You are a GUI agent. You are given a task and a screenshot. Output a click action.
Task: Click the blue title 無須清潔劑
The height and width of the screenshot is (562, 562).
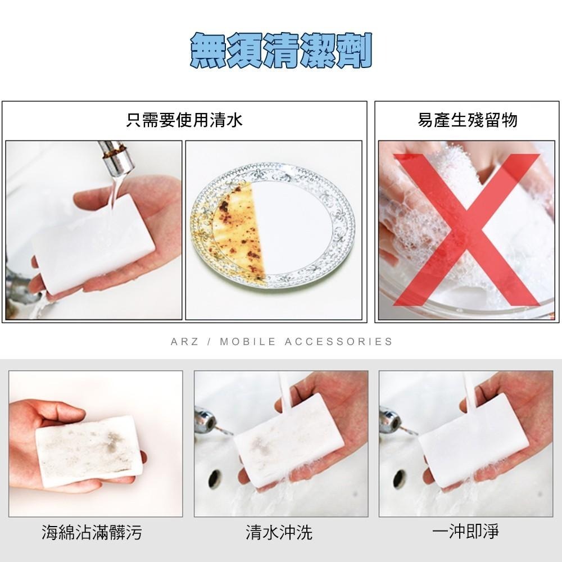281,51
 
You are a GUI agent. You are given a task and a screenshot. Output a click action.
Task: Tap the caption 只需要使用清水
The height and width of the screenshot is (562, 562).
184,120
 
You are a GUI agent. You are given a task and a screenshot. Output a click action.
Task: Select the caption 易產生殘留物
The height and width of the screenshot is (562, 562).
467,120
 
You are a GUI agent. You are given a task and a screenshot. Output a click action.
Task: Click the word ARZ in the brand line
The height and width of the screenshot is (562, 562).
184,342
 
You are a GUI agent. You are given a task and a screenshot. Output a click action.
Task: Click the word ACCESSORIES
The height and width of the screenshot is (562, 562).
338,342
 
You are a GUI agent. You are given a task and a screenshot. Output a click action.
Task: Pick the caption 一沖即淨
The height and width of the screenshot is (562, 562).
466,531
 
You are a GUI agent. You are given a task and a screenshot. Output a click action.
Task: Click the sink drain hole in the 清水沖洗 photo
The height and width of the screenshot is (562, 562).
215,478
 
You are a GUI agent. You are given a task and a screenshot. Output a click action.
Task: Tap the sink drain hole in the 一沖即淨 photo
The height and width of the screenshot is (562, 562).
399,478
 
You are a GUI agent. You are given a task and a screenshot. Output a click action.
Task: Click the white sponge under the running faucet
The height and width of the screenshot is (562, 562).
93,242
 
